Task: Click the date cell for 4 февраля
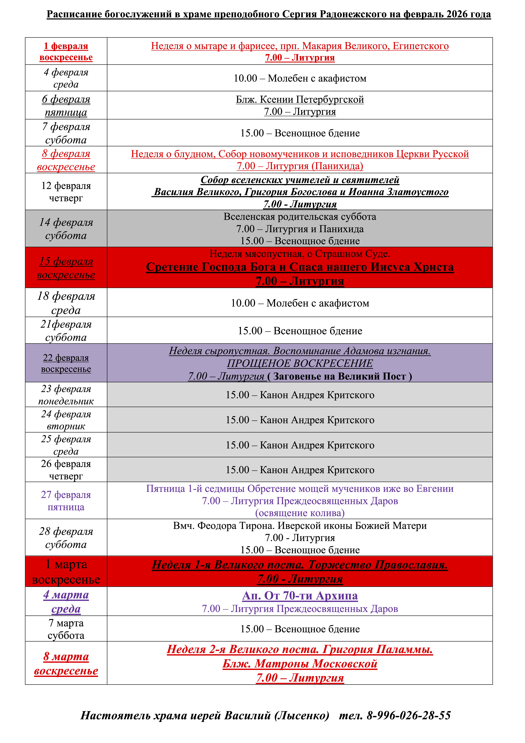pos(66,78)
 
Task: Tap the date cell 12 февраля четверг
pos(66,192)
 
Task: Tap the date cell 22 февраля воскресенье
pos(66,363)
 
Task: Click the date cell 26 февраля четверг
pos(66,470)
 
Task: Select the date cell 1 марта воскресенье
pos(66,572)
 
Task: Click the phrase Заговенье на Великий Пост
pos(340,376)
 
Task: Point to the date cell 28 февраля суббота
pos(66,537)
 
